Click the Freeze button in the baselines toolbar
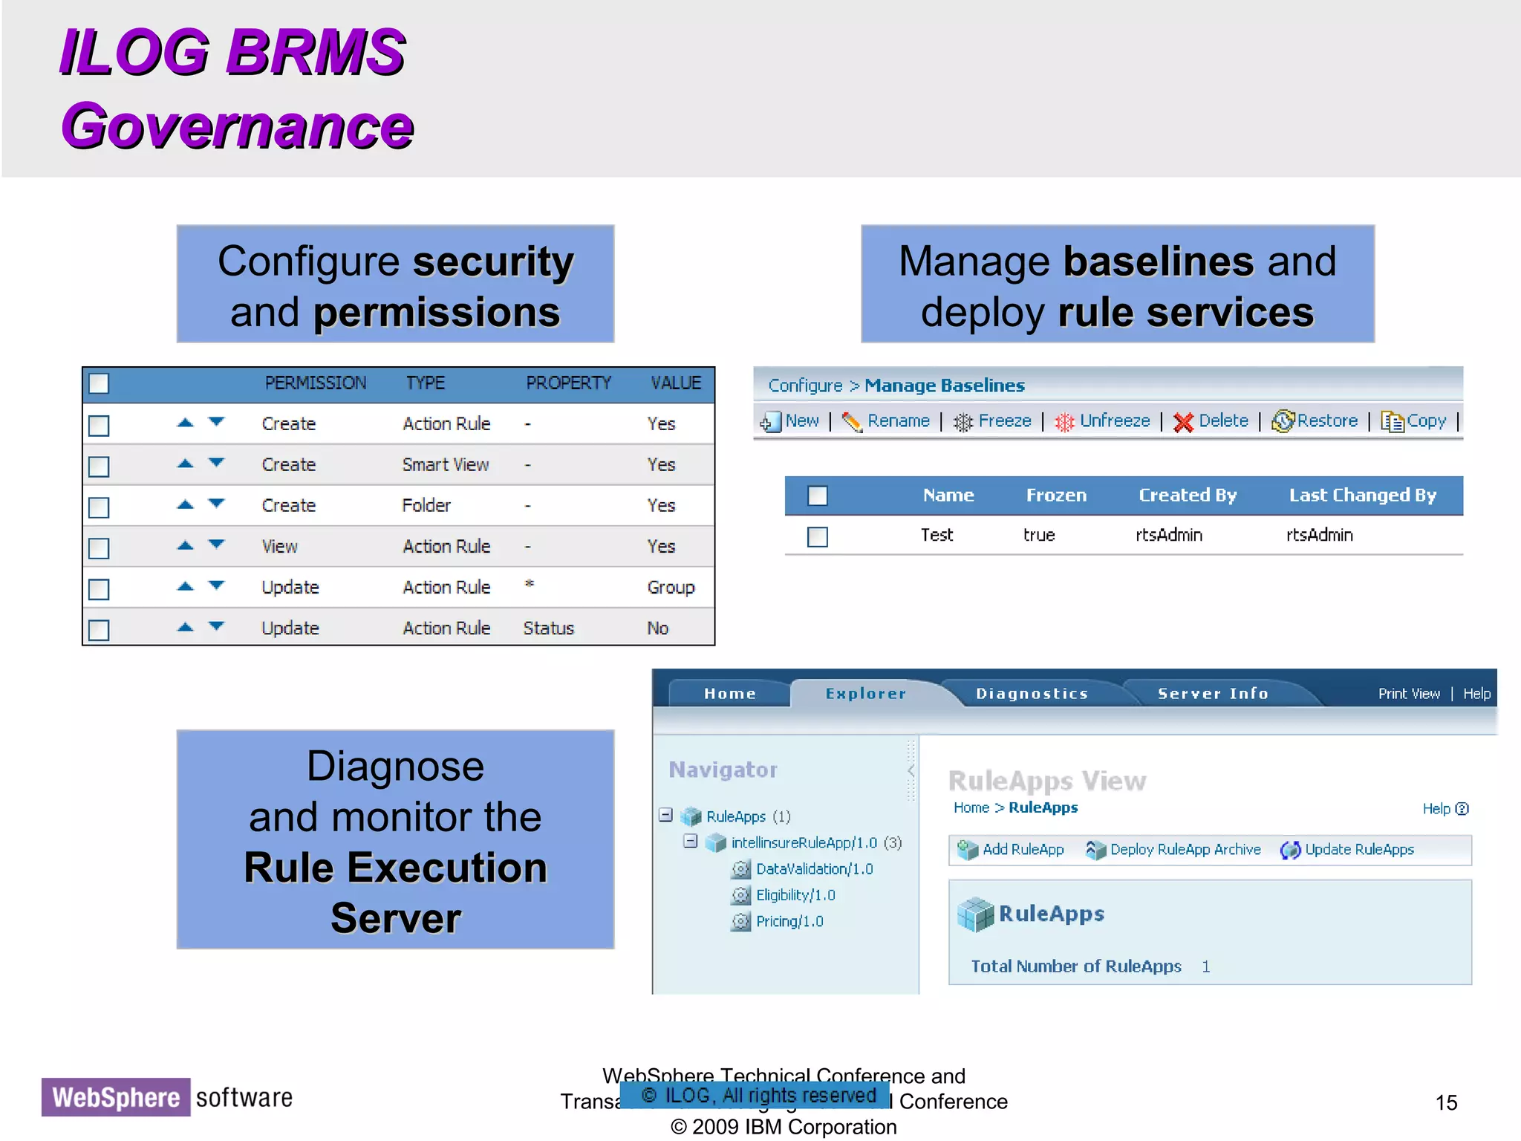(x=993, y=421)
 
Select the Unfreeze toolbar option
(x=1103, y=421)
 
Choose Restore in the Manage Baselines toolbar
(x=1315, y=421)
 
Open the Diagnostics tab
(x=1032, y=694)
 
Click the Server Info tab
(x=1213, y=694)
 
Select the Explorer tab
(x=865, y=694)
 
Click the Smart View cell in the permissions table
(x=446, y=465)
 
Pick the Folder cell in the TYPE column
(x=426, y=506)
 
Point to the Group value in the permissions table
(x=671, y=588)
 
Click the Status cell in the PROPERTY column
(x=548, y=628)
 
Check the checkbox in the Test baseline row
(x=818, y=536)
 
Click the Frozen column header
(x=1056, y=495)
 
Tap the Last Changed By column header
(x=1362, y=495)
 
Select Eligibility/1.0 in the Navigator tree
(x=795, y=895)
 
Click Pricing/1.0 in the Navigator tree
(x=789, y=922)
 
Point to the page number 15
(x=1446, y=1102)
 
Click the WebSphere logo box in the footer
(x=116, y=1097)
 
